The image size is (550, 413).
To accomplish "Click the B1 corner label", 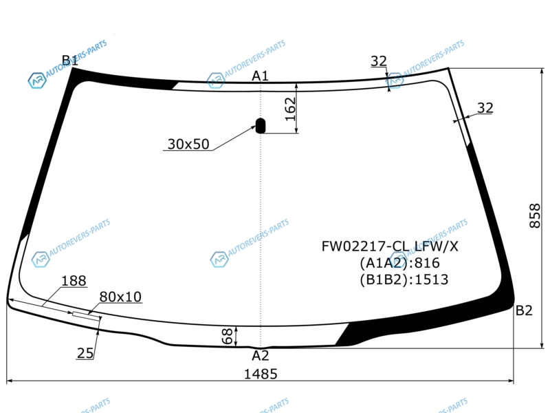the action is coord(70,61).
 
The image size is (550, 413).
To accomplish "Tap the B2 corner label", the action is coord(524,310).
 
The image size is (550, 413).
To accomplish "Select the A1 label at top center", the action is coord(261,76).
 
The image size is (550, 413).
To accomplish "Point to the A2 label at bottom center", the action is coord(261,356).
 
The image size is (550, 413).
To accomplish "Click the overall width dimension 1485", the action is coord(261,374).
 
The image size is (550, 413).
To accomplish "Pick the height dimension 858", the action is coord(535,216).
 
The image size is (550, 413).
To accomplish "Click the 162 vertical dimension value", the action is coord(290,109).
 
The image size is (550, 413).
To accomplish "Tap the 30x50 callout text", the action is coord(188,144).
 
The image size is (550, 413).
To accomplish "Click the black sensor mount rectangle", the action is coord(261,126).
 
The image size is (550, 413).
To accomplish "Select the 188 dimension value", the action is coord(74,281).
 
